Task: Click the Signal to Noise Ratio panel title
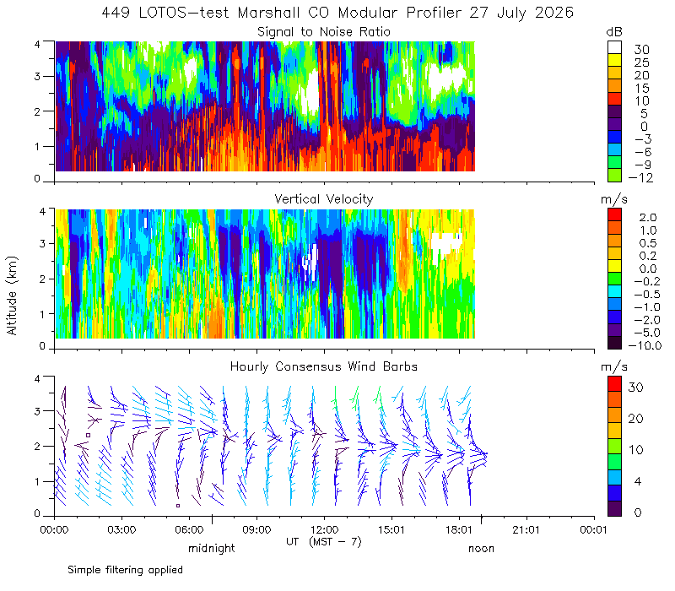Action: [x=324, y=32]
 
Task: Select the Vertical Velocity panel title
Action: [x=324, y=199]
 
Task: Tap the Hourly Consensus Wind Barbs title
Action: [x=324, y=366]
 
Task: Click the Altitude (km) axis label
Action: [x=12, y=295]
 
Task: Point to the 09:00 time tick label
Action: [x=256, y=529]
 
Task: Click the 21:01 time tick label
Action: [x=526, y=529]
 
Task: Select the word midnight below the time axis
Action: [x=212, y=548]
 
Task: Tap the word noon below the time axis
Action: [x=481, y=549]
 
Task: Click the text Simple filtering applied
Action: [x=125, y=570]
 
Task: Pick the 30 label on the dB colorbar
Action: [x=641, y=50]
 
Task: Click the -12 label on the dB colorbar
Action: [x=640, y=177]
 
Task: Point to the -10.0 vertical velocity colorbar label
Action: [x=645, y=345]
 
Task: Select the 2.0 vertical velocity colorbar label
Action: [x=648, y=217]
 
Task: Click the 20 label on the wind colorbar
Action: [x=636, y=418]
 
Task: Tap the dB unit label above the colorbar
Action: [x=614, y=32]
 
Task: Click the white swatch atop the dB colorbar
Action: [x=614, y=47]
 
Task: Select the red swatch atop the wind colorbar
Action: [x=614, y=383]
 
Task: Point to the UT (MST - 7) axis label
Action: [x=324, y=542]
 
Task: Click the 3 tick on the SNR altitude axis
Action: [x=37, y=76]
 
